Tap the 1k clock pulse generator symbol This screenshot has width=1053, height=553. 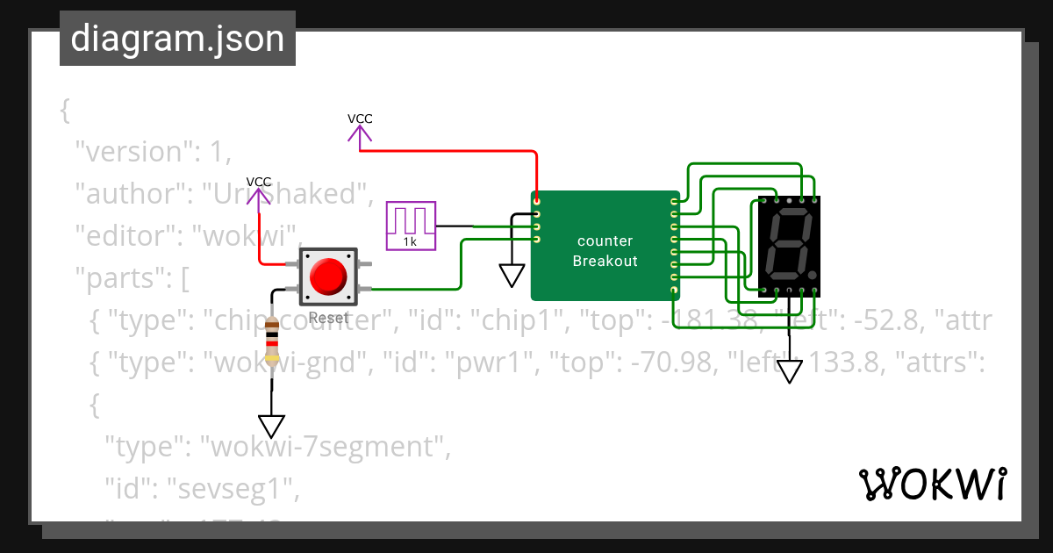point(411,226)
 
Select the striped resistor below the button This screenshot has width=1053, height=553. point(272,341)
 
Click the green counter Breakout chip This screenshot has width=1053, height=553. point(605,246)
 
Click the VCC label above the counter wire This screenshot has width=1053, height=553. point(360,118)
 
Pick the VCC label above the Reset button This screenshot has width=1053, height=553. point(259,182)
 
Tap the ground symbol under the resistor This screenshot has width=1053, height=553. point(272,426)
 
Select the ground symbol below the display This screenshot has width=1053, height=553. point(791,371)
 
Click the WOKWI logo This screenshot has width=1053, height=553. point(932,485)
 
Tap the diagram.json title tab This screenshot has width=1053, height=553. point(177,39)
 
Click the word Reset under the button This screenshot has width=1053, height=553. point(329,319)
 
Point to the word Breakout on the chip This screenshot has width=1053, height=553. point(605,261)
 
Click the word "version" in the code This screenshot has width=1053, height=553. point(132,152)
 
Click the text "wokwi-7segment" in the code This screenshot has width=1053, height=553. point(322,448)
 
